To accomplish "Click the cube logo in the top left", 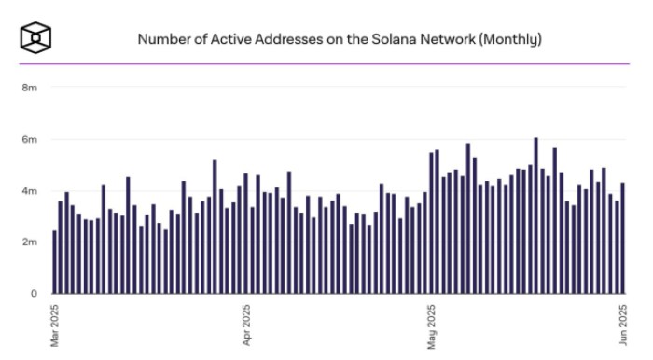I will [x=35, y=38].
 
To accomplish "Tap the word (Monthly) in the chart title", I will [x=510, y=40].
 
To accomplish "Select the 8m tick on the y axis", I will [x=29, y=89].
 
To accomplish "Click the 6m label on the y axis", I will [x=29, y=140].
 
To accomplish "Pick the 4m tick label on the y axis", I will [x=29, y=191].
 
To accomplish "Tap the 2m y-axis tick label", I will [x=29, y=242].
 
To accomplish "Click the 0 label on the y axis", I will [x=33, y=294].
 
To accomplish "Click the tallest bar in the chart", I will [x=535, y=215].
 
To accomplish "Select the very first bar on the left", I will [x=54, y=262].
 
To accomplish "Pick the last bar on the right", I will [x=622, y=238].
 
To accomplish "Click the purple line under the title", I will [x=326, y=64].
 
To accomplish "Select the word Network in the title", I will [x=441, y=40].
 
